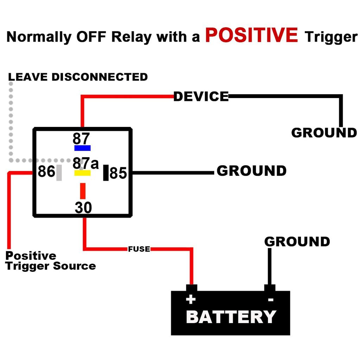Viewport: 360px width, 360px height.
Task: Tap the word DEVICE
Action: [x=201, y=97]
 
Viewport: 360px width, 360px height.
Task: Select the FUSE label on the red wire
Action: [x=139, y=249]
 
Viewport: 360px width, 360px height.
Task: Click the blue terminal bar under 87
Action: [x=82, y=148]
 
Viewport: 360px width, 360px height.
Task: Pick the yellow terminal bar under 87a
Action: [x=82, y=173]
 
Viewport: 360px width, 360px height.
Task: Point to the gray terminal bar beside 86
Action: [x=59, y=173]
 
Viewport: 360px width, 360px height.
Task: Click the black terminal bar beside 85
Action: [x=105, y=173]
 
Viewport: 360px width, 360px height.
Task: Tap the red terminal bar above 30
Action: [x=83, y=191]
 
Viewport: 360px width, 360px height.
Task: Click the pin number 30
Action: [x=83, y=208]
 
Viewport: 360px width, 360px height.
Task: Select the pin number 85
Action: [x=118, y=173]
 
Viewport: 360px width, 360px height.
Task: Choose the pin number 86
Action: [x=46, y=172]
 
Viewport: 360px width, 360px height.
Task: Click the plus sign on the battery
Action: [x=191, y=300]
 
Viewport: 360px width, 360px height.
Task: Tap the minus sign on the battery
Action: [x=270, y=300]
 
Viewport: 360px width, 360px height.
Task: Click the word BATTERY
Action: [x=231, y=317]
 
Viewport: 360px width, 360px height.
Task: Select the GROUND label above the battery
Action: [x=297, y=242]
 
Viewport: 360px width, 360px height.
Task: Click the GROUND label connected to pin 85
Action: [x=251, y=171]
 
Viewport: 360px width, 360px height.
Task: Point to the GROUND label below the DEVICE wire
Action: [x=324, y=133]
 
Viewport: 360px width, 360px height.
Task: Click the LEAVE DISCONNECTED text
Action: [x=78, y=77]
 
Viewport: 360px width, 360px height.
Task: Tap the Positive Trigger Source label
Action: [x=50, y=261]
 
